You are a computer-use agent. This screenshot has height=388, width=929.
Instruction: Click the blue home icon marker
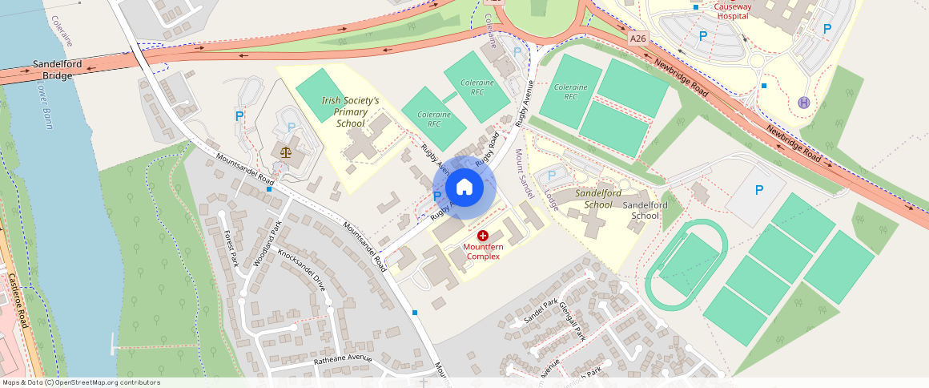(x=464, y=188)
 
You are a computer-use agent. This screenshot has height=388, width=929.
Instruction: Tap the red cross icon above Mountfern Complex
(x=483, y=236)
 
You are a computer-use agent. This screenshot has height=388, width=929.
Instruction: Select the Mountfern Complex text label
(x=482, y=251)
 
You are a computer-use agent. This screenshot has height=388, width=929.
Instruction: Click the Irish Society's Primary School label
(x=350, y=112)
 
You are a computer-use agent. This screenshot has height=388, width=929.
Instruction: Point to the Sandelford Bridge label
(x=54, y=69)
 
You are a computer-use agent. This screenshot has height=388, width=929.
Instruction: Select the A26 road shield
(x=637, y=38)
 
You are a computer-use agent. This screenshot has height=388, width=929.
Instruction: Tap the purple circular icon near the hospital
(x=804, y=103)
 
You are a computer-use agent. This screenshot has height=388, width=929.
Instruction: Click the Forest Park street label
(x=231, y=249)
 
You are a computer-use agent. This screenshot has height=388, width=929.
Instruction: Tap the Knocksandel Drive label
(x=302, y=269)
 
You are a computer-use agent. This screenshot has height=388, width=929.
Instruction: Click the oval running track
(x=686, y=265)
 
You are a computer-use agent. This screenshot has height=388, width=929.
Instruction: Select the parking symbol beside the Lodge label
(x=551, y=176)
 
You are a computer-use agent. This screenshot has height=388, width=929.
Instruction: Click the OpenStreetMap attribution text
(x=80, y=382)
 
